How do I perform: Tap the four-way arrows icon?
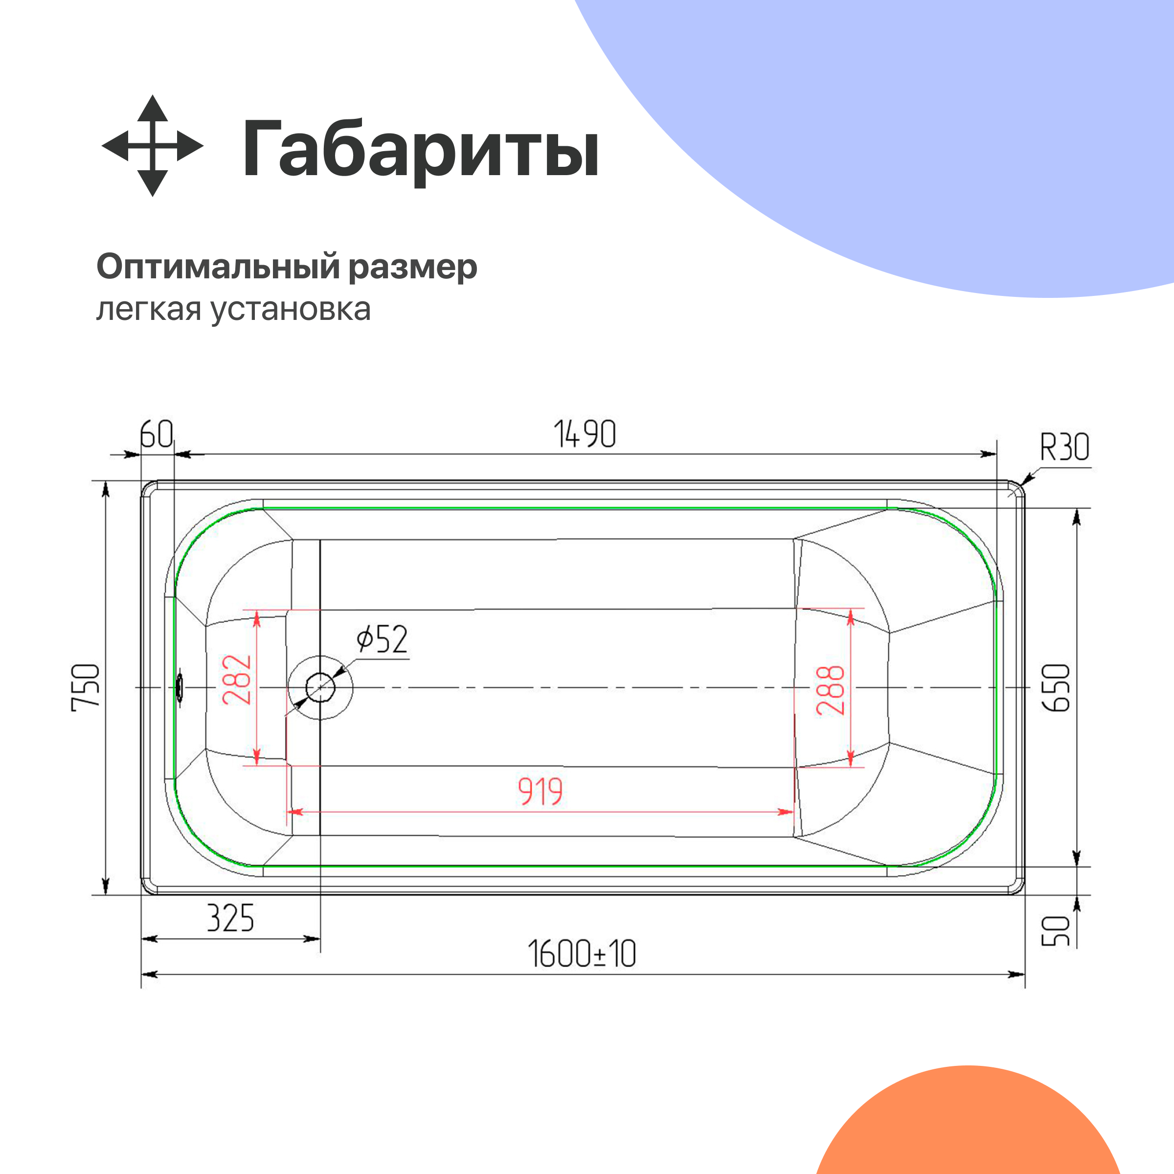tap(152, 146)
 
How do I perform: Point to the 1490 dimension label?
tap(585, 434)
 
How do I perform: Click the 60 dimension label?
tap(156, 434)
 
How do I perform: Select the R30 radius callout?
tap(1064, 448)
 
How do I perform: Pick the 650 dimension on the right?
tap(1056, 687)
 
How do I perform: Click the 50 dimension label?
tap(1056, 931)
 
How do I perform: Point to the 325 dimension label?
tap(230, 918)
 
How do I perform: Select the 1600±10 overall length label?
tap(582, 954)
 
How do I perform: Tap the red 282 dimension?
tap(237, 680)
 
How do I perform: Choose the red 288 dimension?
tap(831, 690)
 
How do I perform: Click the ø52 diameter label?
tap(382, 639)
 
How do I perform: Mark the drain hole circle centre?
tap(320, 688)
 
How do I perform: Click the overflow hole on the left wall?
tap(180, 688)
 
